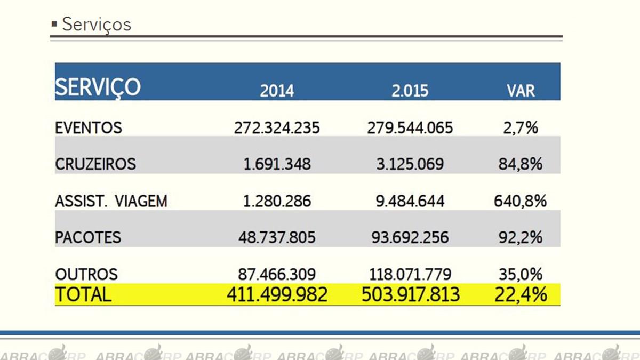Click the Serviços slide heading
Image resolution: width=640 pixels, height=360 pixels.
pyautogui.click(x=97, y=25)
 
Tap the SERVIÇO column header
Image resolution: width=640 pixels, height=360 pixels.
pyautogui.click(x=98, y=87)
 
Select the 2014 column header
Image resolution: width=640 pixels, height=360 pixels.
pyautogui.click(x=277, y=91)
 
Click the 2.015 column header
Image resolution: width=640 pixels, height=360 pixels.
pyautogui.click(x=410, y=91)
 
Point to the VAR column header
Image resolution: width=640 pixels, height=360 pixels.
pyautogui.click(x=521, y=91)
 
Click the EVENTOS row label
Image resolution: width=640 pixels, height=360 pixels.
pyautogui.click(x=89, y=127)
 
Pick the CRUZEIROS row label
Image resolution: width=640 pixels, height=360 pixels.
pyautogui.click(x=95, y=164)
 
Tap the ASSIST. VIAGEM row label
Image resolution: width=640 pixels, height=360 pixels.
pyautogui.click(x=111, y=201)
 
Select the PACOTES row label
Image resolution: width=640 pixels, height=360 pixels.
pyautogui.click(x=88, y=238)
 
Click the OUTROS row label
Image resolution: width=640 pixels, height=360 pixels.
pyautogui.click(x=86, y=274)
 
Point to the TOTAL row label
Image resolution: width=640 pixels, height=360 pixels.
pyautogui.click(x=83, y=294)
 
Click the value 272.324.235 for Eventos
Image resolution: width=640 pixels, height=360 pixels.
pyautogui.click(x=277, y=127)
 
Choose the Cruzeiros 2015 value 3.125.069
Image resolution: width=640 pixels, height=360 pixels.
pyautogui.click(x=410, y=164)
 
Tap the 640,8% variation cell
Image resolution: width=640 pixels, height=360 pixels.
pyautogui.click(x=521, y=201)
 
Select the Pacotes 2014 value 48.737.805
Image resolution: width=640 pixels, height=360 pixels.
pyautogui.click(x=277, y=238)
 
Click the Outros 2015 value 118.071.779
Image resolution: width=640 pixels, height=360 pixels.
pyautogui.click(x=410, y=274)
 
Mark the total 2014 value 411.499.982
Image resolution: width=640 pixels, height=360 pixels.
pyautogui.click(x=277, y=294)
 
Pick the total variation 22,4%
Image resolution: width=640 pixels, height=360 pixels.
pyautogui.click(x=521, y=294)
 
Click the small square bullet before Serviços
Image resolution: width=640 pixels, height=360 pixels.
pyautogui.click(x=54, y=25)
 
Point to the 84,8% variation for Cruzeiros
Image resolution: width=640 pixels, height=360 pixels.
pyautogui.click(x=521, y=164)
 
